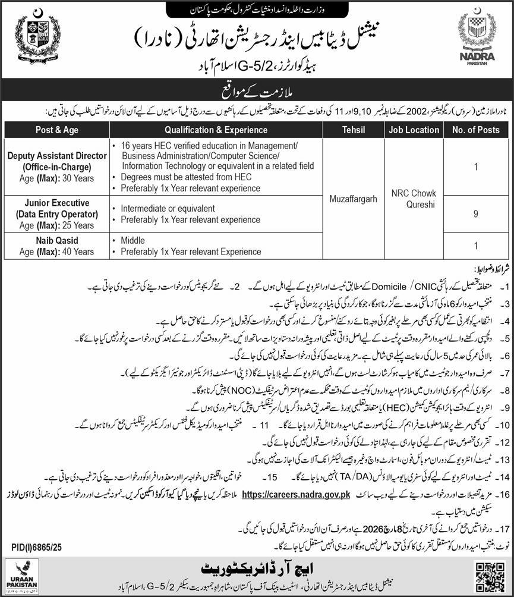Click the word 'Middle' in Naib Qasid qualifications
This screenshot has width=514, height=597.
pyautogui.click(x=133, y=241)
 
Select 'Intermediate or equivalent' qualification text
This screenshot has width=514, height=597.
pyautogui.click(x=168, y=209)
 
